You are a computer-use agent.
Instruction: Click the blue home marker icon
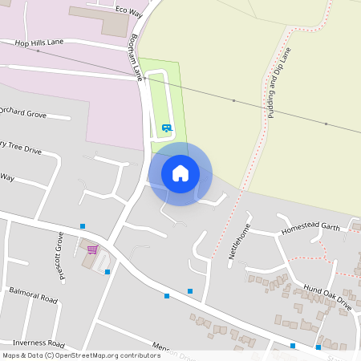tap(180, 173)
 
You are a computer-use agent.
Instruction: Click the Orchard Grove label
tap(23, 113)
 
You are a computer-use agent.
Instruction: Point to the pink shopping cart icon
tap(92, 249)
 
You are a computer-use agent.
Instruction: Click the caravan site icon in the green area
tap(166, 128)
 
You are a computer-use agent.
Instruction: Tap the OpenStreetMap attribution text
tap(81, 355)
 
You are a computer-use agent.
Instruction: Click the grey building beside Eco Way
tap(99, 21)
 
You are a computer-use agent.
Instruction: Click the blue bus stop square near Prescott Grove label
tap(82, 227)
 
